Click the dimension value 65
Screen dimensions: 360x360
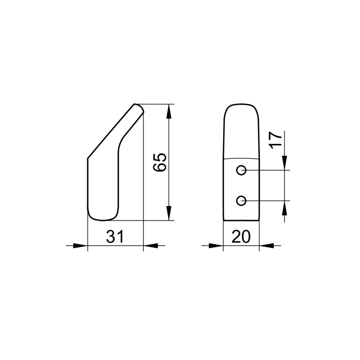(x=160, y=162)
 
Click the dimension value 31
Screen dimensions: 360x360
(x=115, y=236)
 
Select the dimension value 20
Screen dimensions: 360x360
(x=241, y=236)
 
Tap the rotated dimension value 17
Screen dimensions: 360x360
(x=275, y=140)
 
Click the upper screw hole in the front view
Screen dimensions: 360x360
(x=241, y=170)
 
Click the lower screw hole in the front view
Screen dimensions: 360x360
(x=241, y=201)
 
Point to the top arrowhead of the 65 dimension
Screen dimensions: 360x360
(x=169, y=112)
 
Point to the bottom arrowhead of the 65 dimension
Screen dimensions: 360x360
(x=169, y=213)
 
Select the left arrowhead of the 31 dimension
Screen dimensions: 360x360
(x=80, y=246)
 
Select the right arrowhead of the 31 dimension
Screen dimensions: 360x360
(x=151, y=246)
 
